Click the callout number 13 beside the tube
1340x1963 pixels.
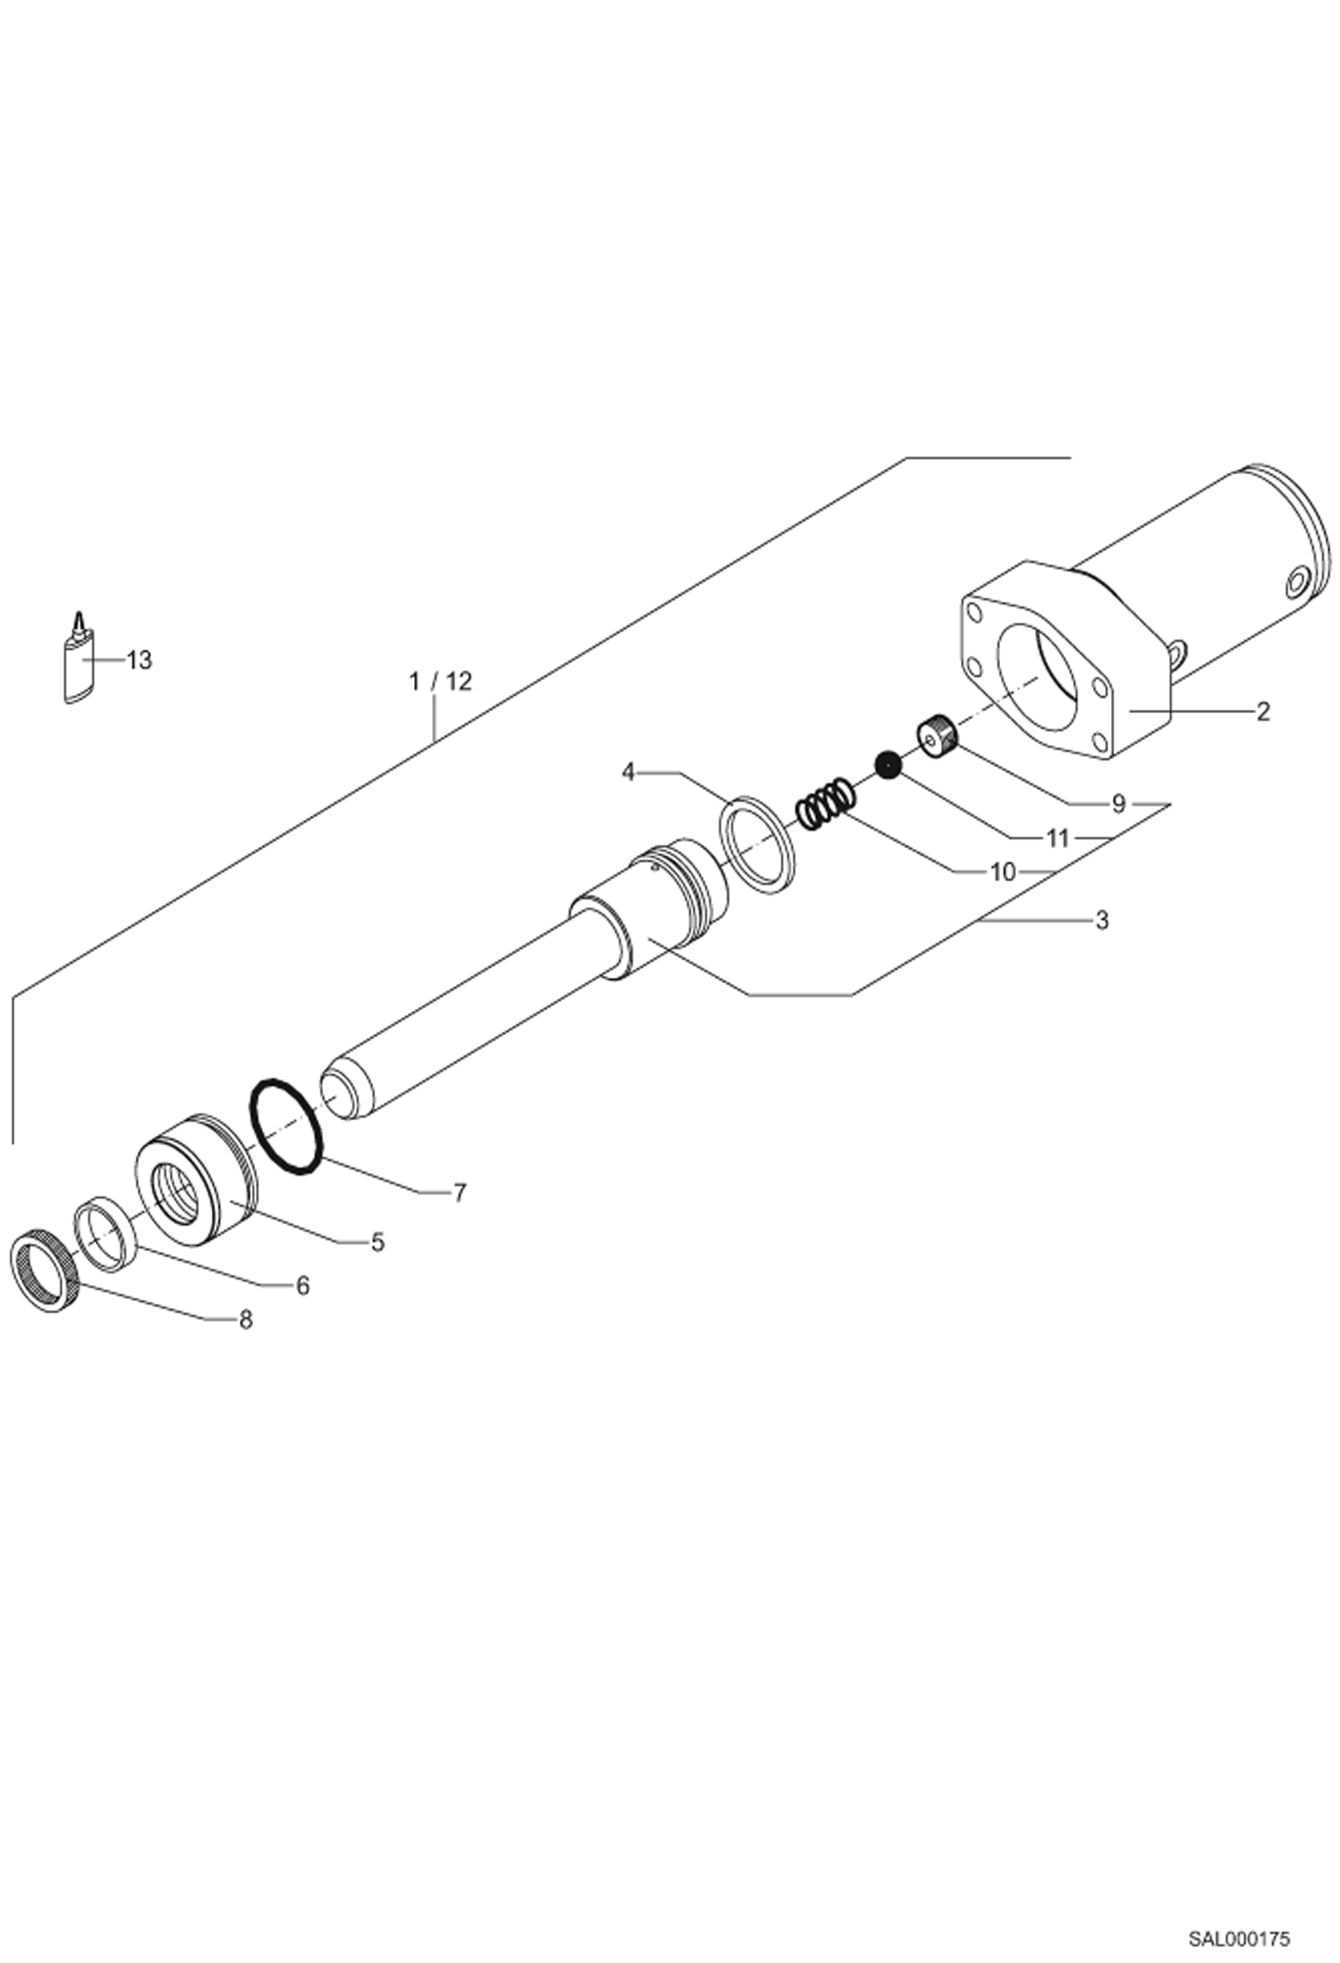(140, 660)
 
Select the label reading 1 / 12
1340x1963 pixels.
(439, 681)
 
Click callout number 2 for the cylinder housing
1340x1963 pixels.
(1262, 711)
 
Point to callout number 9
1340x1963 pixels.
(1118, 803)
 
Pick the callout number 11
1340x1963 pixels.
(1057, 838)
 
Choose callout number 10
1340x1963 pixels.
(1003, 871)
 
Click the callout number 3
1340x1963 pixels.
(1101, 920)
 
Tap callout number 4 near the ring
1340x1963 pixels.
(628, 771)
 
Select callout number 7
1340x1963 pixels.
(459, 1193)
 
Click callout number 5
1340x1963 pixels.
(377, 1242)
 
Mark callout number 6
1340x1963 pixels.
(302, 1286)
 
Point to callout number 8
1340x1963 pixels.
(245, 1320)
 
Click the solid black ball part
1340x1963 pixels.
(887, 765)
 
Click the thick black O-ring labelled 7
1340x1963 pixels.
(285, 1126)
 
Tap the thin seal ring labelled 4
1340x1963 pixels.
(757, 842)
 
